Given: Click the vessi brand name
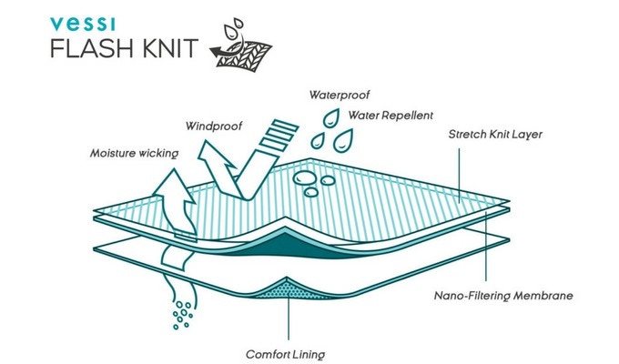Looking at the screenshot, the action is pyautogui.click(x=83, y=24).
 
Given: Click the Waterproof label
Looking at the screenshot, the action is pyautogui.click(x=340, y=95).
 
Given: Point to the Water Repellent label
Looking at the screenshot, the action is pyautogui.click(x=391, y=116).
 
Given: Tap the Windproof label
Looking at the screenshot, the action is pyautogui.click(x=214, y=126).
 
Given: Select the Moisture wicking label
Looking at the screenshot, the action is pyautogui.click(x=134, y=153).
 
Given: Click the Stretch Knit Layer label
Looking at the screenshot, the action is pyautogui.click(x=495, y=135).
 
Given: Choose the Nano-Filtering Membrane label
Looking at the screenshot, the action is pyautogui.click(x=503, y=296).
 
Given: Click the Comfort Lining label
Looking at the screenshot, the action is pyautogui.click(x=286, y=354).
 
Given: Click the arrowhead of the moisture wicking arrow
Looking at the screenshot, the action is pyautogui.click(x=174, y=186).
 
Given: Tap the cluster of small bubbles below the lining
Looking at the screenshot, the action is pyautogui.click(x=182, y=315).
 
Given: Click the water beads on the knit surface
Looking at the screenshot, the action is pyautogui.click(x=314, y=183).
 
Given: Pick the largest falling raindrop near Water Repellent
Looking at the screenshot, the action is pyautogui.click(x=342, y=140).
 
